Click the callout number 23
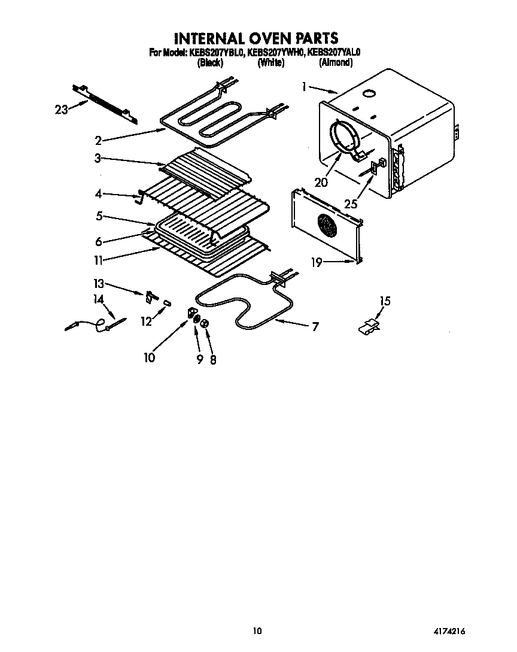pyautogui.click(x=60, y=109)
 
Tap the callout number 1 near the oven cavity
pyautogui.click(x=305, y=87)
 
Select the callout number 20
pyautogui.click(x=321, y=183)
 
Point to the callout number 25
pyautogui.click(x=351, y=204)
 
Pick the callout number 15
pyautogui.click(x=385, y=301)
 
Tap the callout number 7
pyautogui.click(x=315, y=326)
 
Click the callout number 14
pyautogui.click(x=98, y=298)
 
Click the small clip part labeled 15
pyautogui.click(x=370, y=326)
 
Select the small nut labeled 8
pyautogui.click(x=205, y=323)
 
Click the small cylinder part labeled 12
pyautogui.click(x=168, y=303)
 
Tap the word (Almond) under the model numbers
pyautogui.click(x=335, y=62)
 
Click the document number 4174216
pyautogui.click(x=449, y=630)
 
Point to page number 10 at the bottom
pyautogui.click(x=257, y=630)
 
